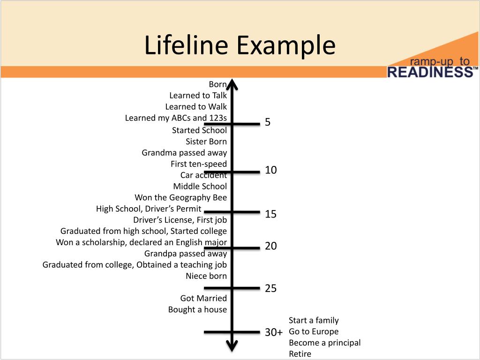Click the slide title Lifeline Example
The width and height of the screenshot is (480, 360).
(x=240, y=46)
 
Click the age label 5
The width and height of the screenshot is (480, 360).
(x=268, y=122)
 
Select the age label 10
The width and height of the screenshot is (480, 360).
(x=271, y=170)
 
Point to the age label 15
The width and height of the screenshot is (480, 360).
(x=271, y=214)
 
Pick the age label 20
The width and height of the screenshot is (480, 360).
(x=271, y=246)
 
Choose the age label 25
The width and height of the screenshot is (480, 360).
(x=271, y=288)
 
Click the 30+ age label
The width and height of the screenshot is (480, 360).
(x=274, y=332)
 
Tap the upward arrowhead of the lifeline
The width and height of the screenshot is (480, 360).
(x=232, y=84)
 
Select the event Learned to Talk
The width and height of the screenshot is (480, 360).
(x=198, y=96)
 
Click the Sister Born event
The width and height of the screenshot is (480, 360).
(x=206, y=142)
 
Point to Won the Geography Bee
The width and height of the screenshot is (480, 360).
(x=180, y=197)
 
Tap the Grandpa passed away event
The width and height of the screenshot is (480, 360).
(x=186, y=254)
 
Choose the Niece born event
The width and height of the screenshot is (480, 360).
(x=206, y=276)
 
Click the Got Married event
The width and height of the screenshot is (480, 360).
(x=203, y=299)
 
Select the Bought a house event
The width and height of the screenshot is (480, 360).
(x=197, y=310)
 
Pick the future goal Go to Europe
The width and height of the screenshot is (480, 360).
(x=314, y=332)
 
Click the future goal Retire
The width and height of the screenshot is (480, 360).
(x=300, y=354)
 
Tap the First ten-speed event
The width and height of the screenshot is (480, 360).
(x=199, y=164)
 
